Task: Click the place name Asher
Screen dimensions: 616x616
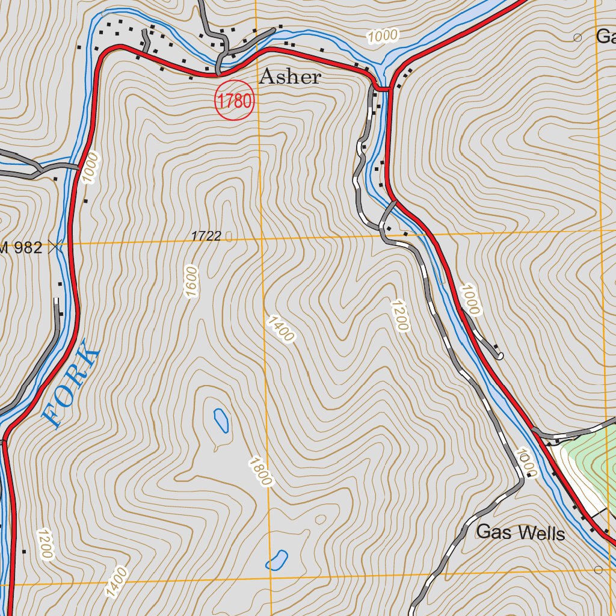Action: [290, 77]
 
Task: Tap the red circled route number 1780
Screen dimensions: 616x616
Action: [235, 100]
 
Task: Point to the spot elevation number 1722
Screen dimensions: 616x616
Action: [206, 236]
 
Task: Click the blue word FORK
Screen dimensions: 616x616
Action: [72, 384]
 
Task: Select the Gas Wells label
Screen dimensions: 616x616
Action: [520, 533]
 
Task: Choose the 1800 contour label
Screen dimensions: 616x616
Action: [260, 472]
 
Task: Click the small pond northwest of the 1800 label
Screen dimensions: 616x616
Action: [221, 420]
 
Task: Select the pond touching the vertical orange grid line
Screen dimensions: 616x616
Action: [277, 560]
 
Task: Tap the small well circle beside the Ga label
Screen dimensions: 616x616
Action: [577, 37]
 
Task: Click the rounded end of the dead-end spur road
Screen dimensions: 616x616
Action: [500, 356]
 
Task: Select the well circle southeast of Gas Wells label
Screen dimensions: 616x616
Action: [598, 569]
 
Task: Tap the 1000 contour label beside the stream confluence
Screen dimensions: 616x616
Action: [383, 37]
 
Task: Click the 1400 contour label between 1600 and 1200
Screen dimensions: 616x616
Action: [280, 328]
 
